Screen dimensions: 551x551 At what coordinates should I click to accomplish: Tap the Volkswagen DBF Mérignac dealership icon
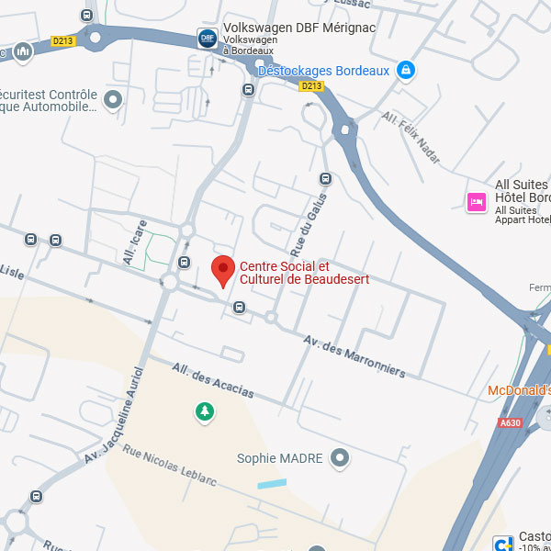point(208,39)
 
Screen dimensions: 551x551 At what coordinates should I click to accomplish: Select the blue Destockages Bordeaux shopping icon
point(405,70)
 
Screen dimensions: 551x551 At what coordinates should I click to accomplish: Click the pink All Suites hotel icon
point(476,202)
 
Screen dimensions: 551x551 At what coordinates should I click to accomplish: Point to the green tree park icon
point(203,412)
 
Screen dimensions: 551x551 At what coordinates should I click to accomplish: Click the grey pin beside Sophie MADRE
point(341,457)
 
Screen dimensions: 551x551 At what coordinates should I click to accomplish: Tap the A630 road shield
point(510,422)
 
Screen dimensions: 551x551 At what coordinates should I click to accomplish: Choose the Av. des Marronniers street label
point(354,355)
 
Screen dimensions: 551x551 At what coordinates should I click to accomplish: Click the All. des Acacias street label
point(212,380)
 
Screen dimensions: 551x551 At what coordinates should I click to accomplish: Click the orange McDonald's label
point(519,390)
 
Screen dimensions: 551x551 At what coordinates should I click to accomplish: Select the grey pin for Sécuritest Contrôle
point(113,100)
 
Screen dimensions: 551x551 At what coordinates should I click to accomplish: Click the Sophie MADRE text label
point(280,458)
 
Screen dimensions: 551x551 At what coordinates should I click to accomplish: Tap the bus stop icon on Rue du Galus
point(324,178)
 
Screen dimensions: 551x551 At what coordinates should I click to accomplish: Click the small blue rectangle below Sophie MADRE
point(271,483)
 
